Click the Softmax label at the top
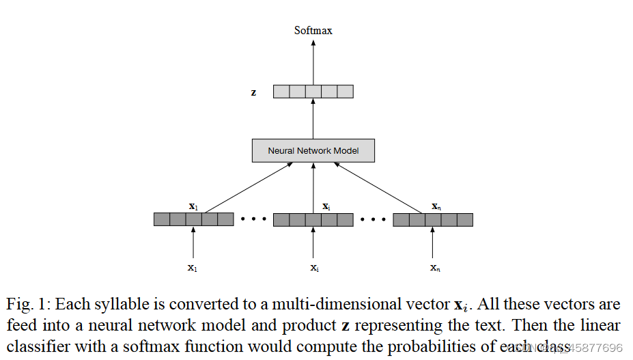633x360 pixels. pyautogui.click(x=313, y=30)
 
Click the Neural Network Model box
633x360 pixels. pyautogui.click(x=313, y=150)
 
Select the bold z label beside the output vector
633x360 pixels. pyautogui.click(x=254, y=92)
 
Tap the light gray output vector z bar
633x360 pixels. pyautogui.click(x=313, y=92)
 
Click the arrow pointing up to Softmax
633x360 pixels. pyautogui.click(x=313, y=61)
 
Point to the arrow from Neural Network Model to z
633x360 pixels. pyautogui.click(x=313, y=118)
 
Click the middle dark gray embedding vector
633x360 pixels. pyautogui.click(x=313, y=219)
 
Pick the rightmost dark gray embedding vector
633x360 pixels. pyautogui.click(x=433, y=219)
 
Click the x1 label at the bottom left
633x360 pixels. pyautogui.click(x=193, y=268)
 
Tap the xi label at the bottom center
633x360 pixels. pyautogui.click(x=313, y=268)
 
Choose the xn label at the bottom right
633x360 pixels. pyautogui.click(x=434, y=268)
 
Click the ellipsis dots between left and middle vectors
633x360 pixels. pyautogui.click(x=253, y=220)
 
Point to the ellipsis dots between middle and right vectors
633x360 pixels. pyautogui.click(x=373, y=220)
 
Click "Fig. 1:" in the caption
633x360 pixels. pyautogui.click(x=27, y=305)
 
